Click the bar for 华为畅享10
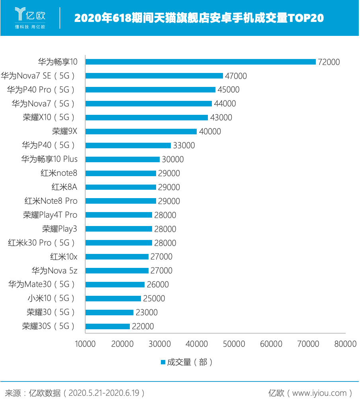point(200,62)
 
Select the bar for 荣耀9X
point(141,132)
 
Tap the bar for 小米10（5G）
point(113,299)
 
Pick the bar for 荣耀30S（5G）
point(108,326)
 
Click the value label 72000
point(329,62)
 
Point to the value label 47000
point(236,76)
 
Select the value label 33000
point(184,145)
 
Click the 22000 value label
point(143,326)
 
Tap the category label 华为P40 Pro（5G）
point(41,90)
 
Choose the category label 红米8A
point(65,187)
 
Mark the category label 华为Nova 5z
point(55,271)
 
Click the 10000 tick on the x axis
point(86,344)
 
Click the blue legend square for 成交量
point(163,362)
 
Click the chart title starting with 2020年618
point(199,18)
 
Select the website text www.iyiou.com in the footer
point(319,393)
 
